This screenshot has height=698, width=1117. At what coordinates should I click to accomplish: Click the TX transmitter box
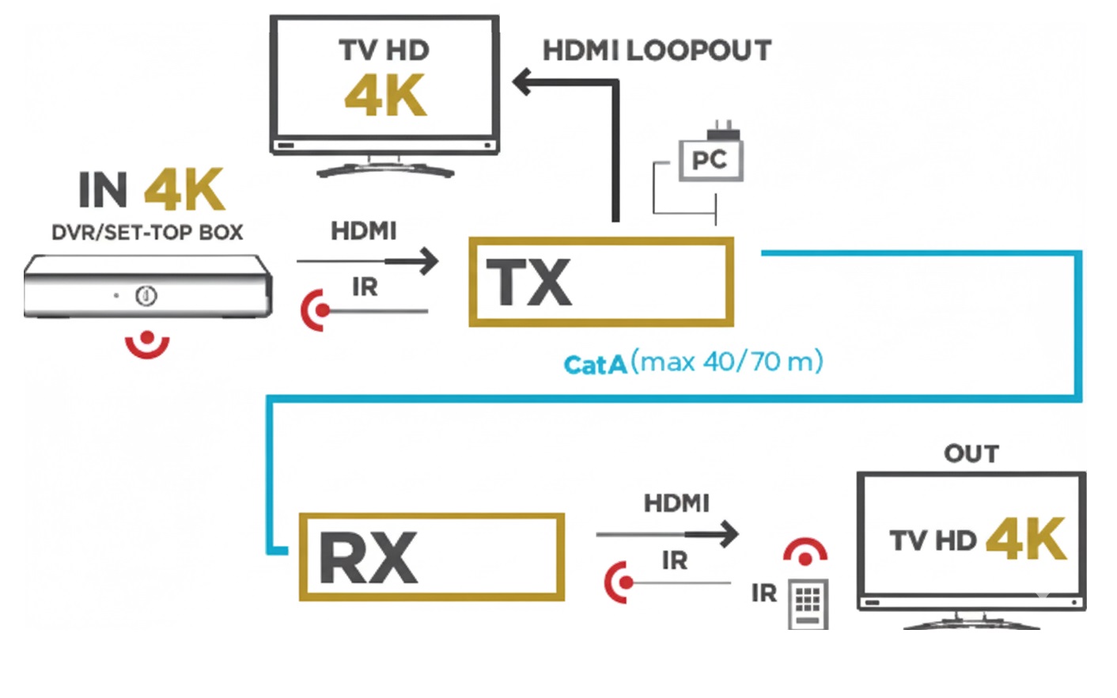[601, 282]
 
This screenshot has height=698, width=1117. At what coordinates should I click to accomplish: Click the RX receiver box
[431, 556]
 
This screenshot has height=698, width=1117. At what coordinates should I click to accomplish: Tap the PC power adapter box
[710, 160]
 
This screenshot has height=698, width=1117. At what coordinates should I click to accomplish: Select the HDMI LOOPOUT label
[657, 51]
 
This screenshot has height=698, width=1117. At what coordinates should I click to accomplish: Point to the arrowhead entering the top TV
[522, 82]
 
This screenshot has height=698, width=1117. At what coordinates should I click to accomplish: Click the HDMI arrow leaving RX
[723, 534]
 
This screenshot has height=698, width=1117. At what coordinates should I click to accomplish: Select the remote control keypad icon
[808, 605]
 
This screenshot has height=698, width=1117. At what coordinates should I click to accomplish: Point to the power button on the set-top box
[146, 296]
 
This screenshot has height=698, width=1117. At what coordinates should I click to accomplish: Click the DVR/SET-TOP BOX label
[147, 233]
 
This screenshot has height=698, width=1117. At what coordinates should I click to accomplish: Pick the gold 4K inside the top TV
[385, 96]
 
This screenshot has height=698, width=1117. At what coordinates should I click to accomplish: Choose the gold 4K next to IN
[184, 190]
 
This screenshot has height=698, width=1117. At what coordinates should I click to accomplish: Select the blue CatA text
[595, 365]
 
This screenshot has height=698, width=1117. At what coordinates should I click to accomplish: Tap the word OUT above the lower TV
[971, 453]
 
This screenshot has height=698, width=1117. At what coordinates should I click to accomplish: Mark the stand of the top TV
[385, 168]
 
